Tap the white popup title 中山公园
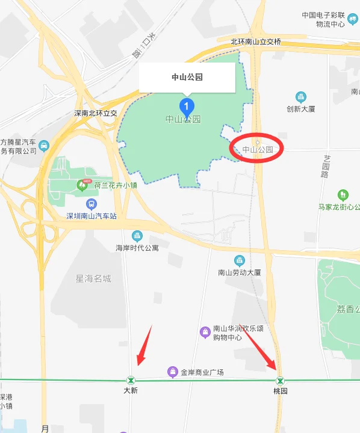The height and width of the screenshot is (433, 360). click(x=187, y=77)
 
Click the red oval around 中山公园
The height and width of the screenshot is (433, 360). click(x=257, y=147)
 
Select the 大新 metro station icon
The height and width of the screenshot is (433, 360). click(x=131, y=380)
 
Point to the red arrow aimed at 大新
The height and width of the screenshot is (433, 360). click(x=144, y=346)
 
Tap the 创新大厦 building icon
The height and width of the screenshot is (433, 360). click(x=301, y=97)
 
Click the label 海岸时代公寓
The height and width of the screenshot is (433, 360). click(x=137, y=248)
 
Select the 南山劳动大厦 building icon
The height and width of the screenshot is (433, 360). click(x=240, y=260)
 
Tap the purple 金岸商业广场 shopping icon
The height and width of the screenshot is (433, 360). click(x=173, y=372)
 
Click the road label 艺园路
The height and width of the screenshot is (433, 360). click(x=326, y=165)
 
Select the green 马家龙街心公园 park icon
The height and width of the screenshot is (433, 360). click(x=343, y=195)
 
